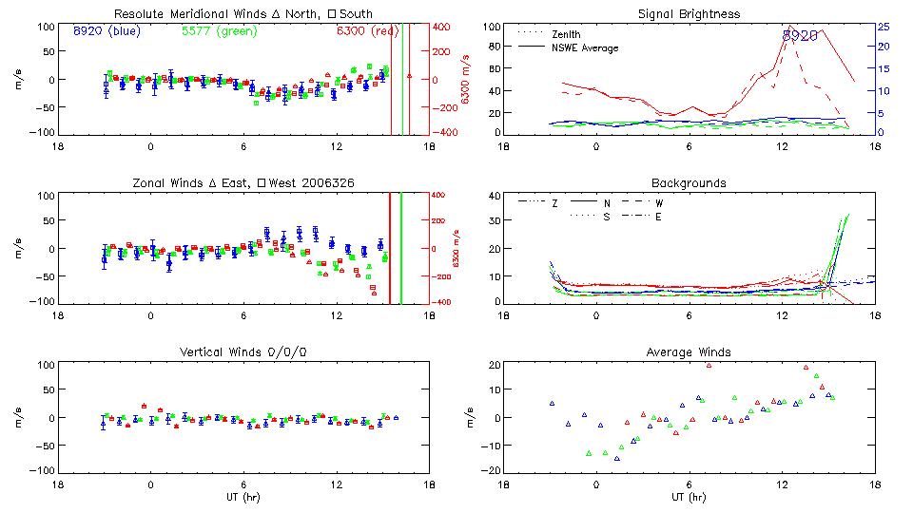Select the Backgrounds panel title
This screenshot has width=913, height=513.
pyautogui.click(x=689, y=182)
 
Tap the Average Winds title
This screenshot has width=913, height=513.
pyautogui.click(x=689, y=352)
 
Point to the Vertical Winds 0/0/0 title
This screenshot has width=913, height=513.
pyautogui.click(x=243, y=352)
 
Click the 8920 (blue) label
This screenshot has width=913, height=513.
pyautogui.click(x=107, y=31)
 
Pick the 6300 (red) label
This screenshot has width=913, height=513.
pyautogui.click(x=367, y=31)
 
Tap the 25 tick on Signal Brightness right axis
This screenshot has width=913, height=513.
pyautogui.click(x=883, y=27)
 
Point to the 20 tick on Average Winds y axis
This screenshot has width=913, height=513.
pyautogui.click(x=494, y=365)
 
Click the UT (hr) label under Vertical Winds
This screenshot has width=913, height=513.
pyautogui.click(x=243, y=497)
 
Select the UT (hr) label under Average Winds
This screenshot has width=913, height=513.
pyautogui.click(x=689, y=497)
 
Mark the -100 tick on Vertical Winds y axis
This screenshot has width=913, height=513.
pyautogui.click(x=43, y=470)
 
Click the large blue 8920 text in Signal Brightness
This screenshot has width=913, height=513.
pyautogui.click(x=800, y=35)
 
